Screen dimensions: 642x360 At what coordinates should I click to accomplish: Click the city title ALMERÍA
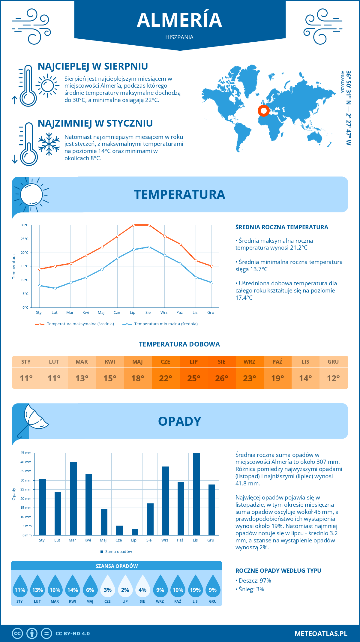pyautogui.click(x=179, y=20)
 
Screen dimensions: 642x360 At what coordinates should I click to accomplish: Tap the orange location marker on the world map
pyautogui.click(x=264, y=111)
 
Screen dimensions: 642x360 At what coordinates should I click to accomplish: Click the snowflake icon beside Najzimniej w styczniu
pyautogui.click(x=49, y=144)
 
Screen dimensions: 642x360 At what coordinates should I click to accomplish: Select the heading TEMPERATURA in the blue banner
pyautogui.click(x=179, y=194)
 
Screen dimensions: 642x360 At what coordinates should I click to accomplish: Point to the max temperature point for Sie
pyautogui.click(x=149, y=225)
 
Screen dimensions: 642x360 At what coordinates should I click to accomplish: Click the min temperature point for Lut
pyautogui.click(x=55, y=288)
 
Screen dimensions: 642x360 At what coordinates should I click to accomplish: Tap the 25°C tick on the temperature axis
pyautogui.click(x=25, y=239)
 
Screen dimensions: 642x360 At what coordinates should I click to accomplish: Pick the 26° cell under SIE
pyautogui.click(x=221, y=378)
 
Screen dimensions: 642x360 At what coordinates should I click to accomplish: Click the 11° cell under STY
pyautogui.click(x=26, y=378)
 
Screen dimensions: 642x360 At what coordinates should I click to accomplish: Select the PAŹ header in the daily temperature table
pyautogui.click(x=277, y=362)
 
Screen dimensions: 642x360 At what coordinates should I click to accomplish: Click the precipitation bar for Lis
pyautogui.click(x=196, y=494)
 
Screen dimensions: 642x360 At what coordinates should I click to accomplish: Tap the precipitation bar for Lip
pyautogui.click(x=135, y=532)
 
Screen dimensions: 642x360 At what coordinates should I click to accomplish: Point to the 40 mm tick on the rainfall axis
pyautogui.click(x=26, y=462)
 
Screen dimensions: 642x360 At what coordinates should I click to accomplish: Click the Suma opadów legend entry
pyautogui.click(x=118, y=552)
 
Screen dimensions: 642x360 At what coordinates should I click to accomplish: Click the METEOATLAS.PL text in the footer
pyautogui.click(x=321, y=634)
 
